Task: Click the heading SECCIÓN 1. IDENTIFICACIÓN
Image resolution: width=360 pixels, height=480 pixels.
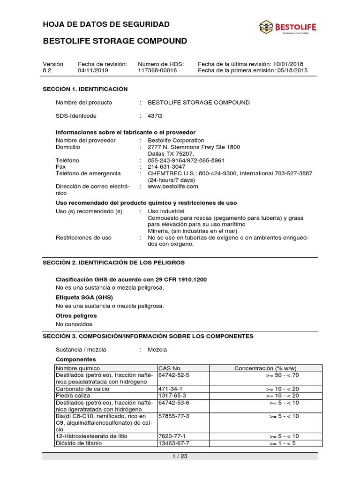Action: pos(85,89)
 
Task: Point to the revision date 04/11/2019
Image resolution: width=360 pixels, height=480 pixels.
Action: pos(92,71)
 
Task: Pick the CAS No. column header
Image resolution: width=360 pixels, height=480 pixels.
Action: pos(170,368)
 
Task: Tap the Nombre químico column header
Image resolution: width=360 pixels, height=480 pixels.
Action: pos(78,368)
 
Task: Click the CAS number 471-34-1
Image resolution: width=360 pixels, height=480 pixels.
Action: pos(171,389)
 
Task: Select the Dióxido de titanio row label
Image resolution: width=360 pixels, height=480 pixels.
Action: pos(79,443)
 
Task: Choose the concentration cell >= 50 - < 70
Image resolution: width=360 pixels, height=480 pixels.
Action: pos(282,375)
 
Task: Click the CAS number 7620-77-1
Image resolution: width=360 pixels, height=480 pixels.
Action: pos(172,436)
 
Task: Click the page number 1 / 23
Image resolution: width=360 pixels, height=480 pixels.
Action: pos(180,456)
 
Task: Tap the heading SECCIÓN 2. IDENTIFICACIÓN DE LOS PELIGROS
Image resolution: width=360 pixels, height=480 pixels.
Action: pos(114,262)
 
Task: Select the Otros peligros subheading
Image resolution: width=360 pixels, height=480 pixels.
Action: pos(76,315)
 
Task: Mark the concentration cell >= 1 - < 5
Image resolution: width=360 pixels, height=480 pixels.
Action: pos(284,443)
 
